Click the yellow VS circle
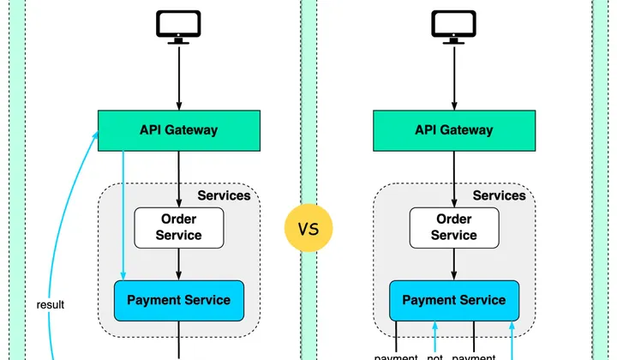point(308,229)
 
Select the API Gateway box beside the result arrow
point(178,130)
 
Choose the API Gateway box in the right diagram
point(453,130)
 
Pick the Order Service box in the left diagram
point(178,227)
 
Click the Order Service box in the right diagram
point(453,227)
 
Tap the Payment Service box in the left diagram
point(178,300)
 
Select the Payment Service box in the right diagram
point(453,300)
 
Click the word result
point(51,304)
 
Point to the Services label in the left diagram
point(224,195)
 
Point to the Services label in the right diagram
point(499,195)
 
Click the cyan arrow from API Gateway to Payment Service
point(123,214)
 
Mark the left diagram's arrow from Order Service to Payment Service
point(178,263)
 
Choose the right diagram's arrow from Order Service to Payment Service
point(453,263)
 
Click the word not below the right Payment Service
point(434,357)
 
